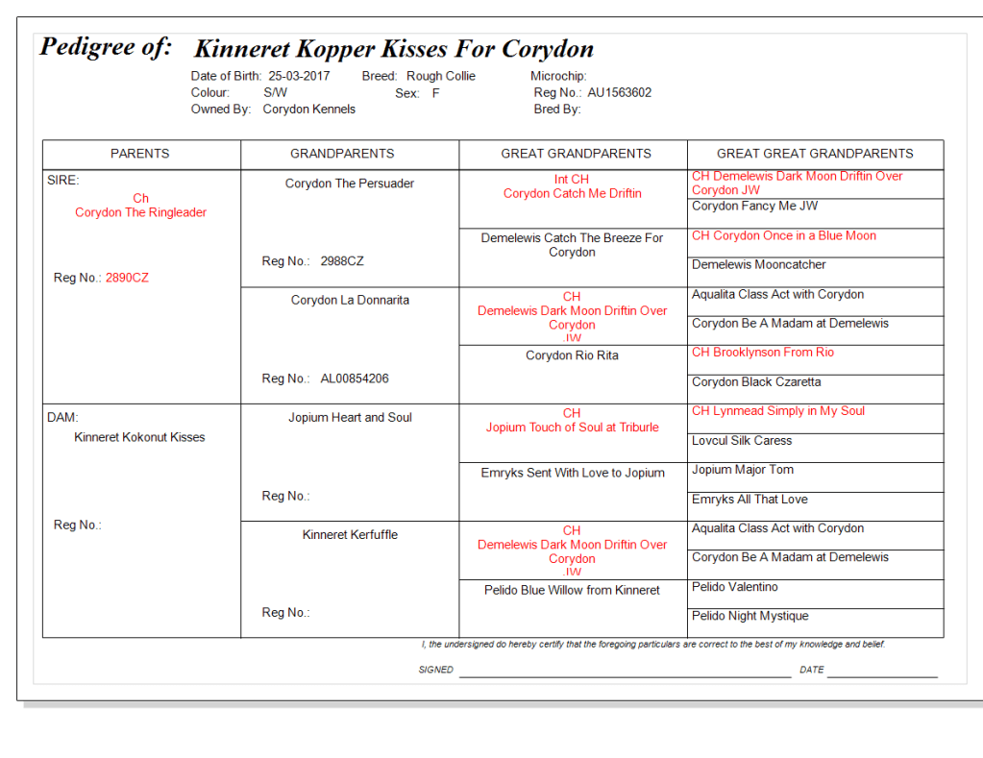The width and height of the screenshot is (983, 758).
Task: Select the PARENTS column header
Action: click(x=140, y=154)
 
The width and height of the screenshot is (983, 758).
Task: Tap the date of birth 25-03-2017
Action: click(x=300, y=76)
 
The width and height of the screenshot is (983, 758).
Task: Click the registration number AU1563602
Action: click(x=620, y=93)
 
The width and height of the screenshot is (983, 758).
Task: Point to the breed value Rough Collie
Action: click(x=441, y=76)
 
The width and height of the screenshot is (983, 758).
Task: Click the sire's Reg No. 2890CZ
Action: click(x=127, y=278)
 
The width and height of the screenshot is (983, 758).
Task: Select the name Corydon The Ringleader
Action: click(x=141, y=212)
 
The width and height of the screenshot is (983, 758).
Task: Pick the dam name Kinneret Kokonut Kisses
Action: click(x=140, y=437)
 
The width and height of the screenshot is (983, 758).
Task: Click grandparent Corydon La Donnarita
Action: click(x=350, y=300)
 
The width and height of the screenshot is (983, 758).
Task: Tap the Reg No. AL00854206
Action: click(x=355, y=379)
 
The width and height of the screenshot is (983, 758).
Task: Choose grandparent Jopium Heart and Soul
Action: click(x=350, y=417)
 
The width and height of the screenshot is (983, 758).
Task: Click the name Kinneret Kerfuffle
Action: click(x=350, y=534)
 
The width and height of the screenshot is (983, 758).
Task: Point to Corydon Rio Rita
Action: click(x=573, y=355)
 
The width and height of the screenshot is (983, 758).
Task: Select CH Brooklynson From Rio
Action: click(x=763, y=353)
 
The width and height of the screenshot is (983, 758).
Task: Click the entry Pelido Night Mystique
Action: click(x=750, y=616)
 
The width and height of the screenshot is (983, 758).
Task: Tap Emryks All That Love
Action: click(x=750, y=500)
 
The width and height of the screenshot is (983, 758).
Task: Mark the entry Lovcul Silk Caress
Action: click(x=742, y=441)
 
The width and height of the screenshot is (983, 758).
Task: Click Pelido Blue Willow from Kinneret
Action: click(x=573, y=590)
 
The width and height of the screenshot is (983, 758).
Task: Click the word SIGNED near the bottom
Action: click(x=436, y=670)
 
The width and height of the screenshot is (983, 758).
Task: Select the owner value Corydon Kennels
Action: click(x=309, y=110)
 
